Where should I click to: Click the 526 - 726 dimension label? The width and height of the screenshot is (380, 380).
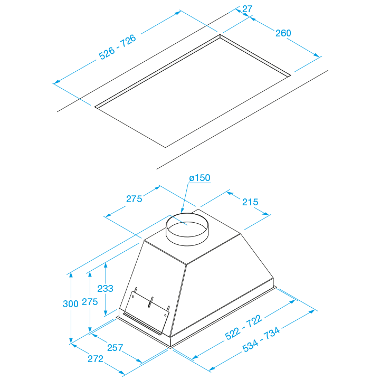point(118,47)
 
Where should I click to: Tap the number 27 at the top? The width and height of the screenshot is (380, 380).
point(247,9)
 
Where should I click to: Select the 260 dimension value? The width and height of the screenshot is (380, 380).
point(283,33)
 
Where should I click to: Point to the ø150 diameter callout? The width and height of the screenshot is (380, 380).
point(199,178)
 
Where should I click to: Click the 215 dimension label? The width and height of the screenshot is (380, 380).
point(250,202)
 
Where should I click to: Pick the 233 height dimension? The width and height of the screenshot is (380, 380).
point(105,288)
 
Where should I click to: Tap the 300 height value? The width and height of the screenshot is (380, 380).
point(71,303)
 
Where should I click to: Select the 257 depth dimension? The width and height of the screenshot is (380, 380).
point(115,348)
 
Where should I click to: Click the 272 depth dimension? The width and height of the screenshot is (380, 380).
point(96,359)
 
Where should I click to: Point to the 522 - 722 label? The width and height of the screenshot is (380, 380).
point(243,327)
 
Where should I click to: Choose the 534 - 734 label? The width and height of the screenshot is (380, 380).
point(261,339)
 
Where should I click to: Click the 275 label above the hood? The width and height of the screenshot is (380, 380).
point(134,199)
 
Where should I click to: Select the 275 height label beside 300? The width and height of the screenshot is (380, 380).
point(90,302)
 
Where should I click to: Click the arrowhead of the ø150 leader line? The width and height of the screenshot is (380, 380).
point(182,211)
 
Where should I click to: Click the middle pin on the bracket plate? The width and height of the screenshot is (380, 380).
point(151,302)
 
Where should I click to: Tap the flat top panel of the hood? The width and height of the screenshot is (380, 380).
point(192,242)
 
